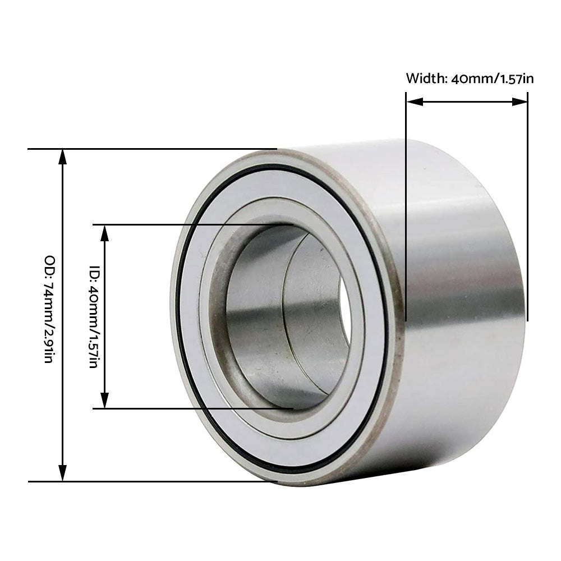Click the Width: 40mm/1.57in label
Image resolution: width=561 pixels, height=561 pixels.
(470, 78)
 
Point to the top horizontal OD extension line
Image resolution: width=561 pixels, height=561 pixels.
(168, 149)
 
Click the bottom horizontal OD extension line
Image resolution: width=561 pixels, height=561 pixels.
(168, 481)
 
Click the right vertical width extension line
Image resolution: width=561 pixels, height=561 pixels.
(527, 224)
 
